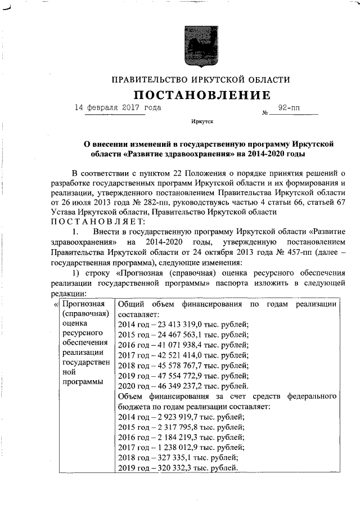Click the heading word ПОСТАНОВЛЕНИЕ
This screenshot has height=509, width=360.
coord(201,95)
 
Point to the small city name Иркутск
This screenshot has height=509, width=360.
coord(202,121)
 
